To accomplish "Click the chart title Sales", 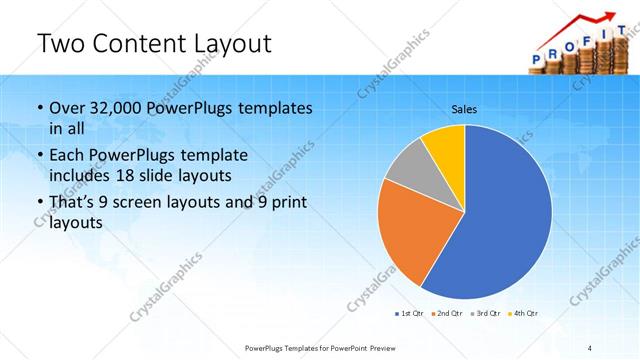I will pyautogui.click(x=464, y=109).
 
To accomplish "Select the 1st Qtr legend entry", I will pyautogui.click(x=411, y=314).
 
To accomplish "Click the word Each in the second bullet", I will pyautogui.click(x=68, y=156).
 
